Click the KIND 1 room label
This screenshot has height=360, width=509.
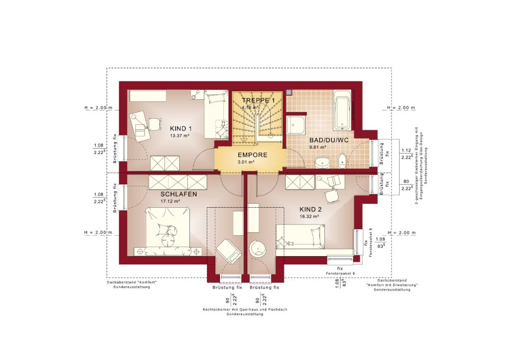(180, 128)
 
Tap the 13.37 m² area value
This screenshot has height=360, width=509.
(180, 136)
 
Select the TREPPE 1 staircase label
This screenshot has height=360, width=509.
(258, 100)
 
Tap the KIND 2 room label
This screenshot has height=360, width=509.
(310, 209)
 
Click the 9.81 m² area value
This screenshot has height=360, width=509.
(318, 147)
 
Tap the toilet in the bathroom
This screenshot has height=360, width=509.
(343, 160)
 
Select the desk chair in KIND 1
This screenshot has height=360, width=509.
(153, 123)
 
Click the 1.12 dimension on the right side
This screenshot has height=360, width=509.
(406, 150)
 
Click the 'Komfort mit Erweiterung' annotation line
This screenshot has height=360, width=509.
(391, 285)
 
